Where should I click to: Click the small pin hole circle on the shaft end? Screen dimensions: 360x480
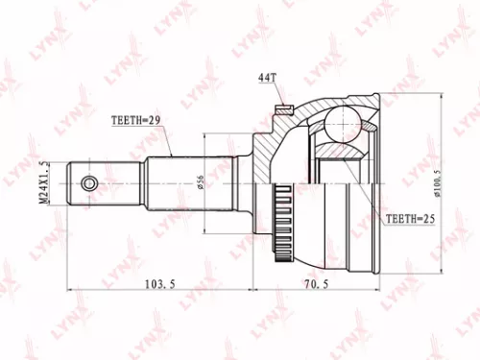pos(88,182)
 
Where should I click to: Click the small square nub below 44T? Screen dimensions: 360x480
pos(281,108)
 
